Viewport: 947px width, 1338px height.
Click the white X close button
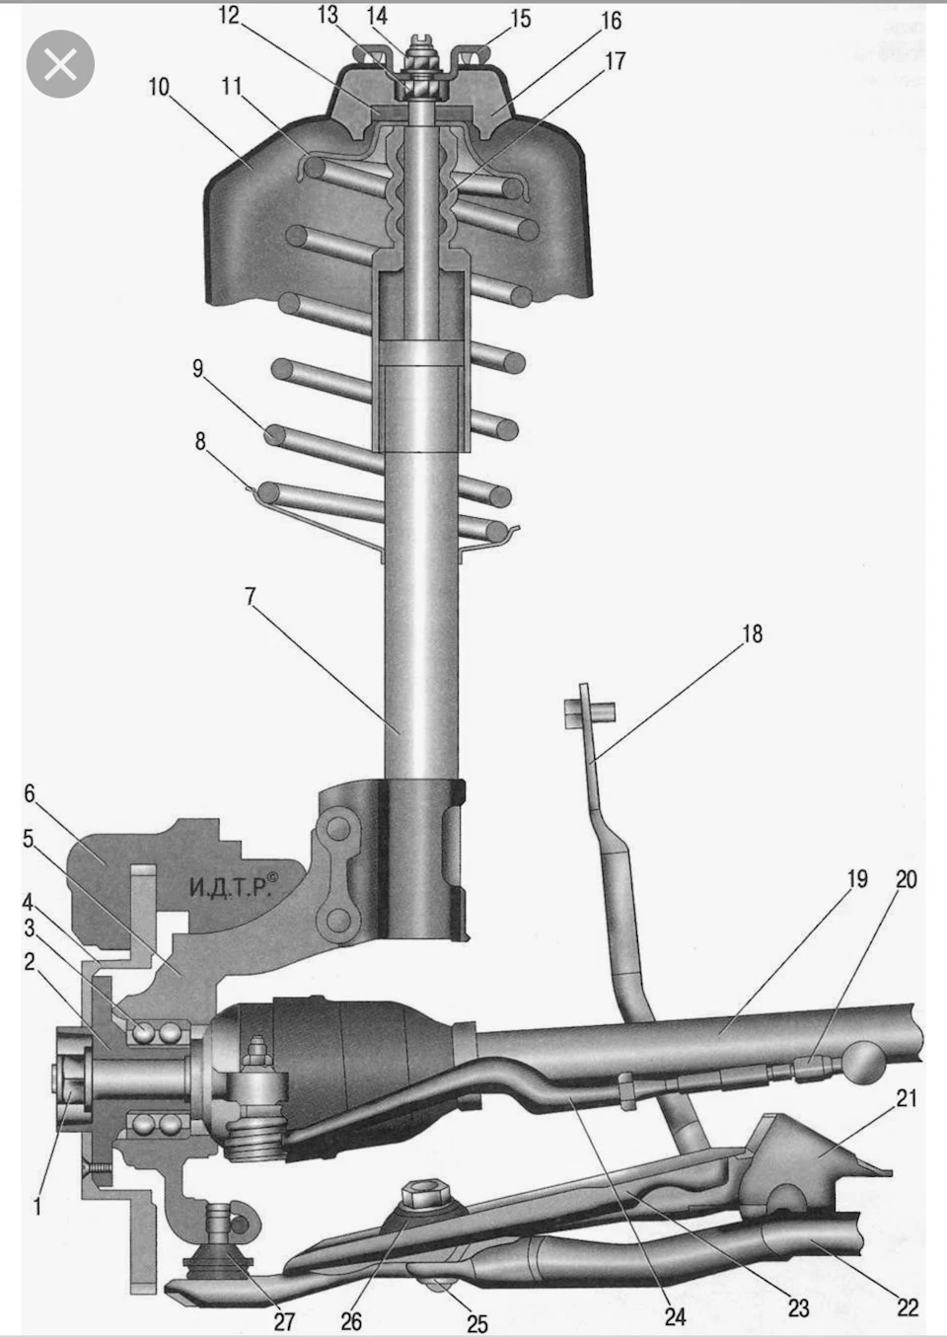coord(60,64)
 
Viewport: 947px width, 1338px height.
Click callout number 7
coord(251,596)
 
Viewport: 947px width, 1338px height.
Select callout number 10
coord(159,87)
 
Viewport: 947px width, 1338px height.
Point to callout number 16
coord(611,21)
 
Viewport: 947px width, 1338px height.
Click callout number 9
coord(197,369)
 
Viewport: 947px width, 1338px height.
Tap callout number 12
coord(228,16)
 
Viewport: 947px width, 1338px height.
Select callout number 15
coord(520,19)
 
